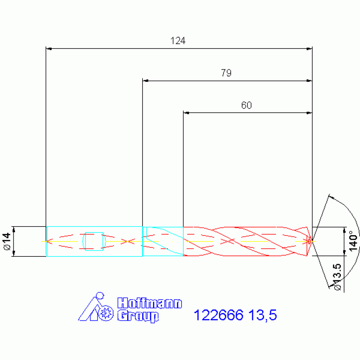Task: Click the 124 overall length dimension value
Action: point(178,41)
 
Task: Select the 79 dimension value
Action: point(226,73)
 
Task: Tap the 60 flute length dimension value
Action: point(246,105)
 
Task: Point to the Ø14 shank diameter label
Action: point(8,241)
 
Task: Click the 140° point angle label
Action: point(353,241)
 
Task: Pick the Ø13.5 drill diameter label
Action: point(337,277)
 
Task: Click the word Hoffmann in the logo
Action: point(149,303)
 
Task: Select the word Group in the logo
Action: point(138,316)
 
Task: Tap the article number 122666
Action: point(218,315)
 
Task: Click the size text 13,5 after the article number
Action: point(262,315)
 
